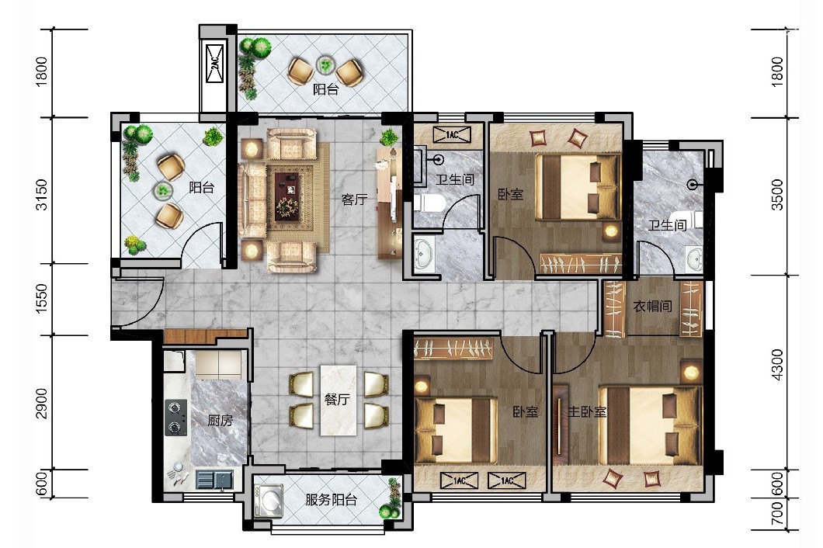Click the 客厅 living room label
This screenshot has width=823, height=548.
coord(354,199)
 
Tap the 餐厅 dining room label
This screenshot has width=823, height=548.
coord(337,399)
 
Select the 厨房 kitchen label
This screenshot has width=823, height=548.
coord(220,420)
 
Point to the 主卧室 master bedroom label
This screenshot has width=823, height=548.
coord(587,411)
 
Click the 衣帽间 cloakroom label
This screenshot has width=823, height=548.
coord(652,306)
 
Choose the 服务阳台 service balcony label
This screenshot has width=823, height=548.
coord(332,499)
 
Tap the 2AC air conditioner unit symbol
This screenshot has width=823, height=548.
coord(215,64)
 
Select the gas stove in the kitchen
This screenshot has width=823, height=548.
coord(175,418)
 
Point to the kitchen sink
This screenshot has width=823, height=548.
coord(214,479)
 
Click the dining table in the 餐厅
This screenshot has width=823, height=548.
coord(339,400)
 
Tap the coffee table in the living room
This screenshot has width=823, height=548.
coord(286,196)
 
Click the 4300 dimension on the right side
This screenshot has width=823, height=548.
coord(777,365)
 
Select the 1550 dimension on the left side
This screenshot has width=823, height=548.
coord(42,299)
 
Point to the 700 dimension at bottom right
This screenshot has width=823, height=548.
coord(777,513)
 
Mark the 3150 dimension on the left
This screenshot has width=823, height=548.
coord(42,194)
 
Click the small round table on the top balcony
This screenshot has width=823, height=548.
coord(325,65)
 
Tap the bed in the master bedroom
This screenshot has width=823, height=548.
coord(651,425)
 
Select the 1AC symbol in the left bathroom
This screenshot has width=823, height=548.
coord(452,135)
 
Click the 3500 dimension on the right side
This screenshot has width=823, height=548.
coord(777,195)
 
